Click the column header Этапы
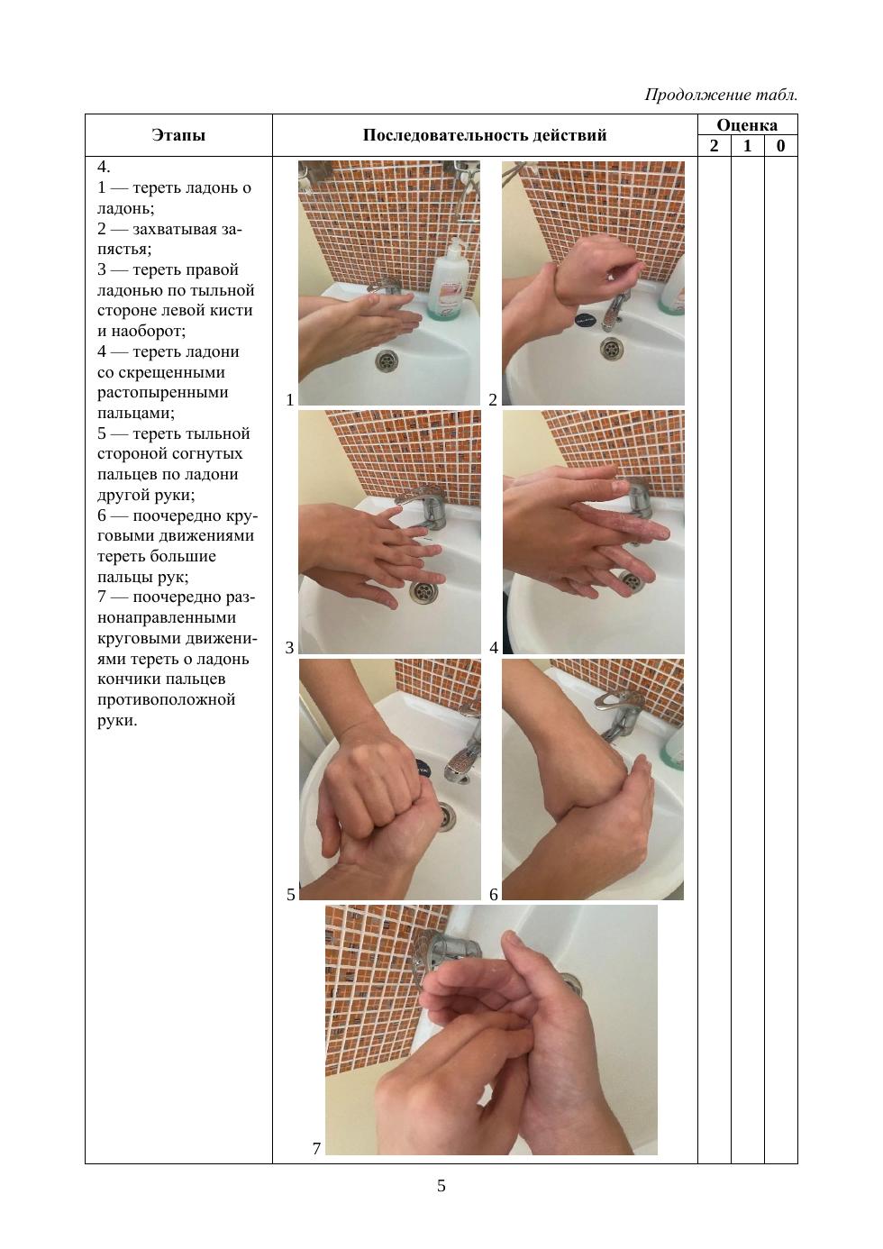(178, 135)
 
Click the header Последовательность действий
(485, 135)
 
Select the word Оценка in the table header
(747, 125)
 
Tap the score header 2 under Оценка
(715, 146)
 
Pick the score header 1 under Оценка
(747, 146)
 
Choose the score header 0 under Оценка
(780, 146)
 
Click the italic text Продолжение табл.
(721, 95)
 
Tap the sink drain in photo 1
(386, 360)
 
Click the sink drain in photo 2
(612, 348)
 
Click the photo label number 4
(494, 648)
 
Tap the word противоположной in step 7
(166, 700)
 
